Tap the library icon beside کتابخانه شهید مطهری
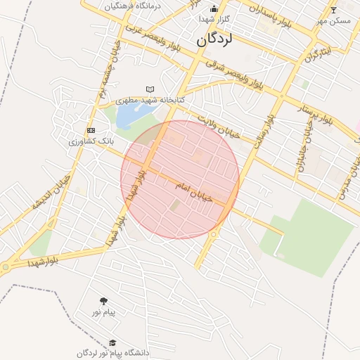coord(149,89)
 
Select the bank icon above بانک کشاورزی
coord(91,131)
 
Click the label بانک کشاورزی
coord(91,141)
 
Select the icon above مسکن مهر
coord(333,10)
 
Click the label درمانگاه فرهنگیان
coord(133,6)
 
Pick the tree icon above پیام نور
coord(104,300)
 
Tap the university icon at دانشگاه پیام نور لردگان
coord(112,342)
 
